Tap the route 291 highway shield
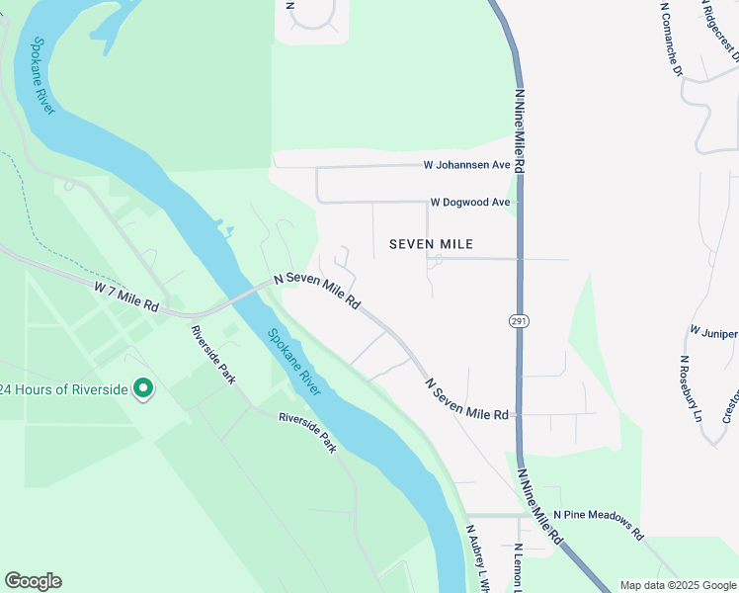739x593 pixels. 519,322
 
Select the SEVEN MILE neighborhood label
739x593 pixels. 431,244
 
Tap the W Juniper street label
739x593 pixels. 713,332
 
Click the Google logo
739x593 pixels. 33,581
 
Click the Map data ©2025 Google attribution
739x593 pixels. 678,585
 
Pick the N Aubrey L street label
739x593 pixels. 479,558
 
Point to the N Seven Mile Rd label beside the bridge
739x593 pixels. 316,292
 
